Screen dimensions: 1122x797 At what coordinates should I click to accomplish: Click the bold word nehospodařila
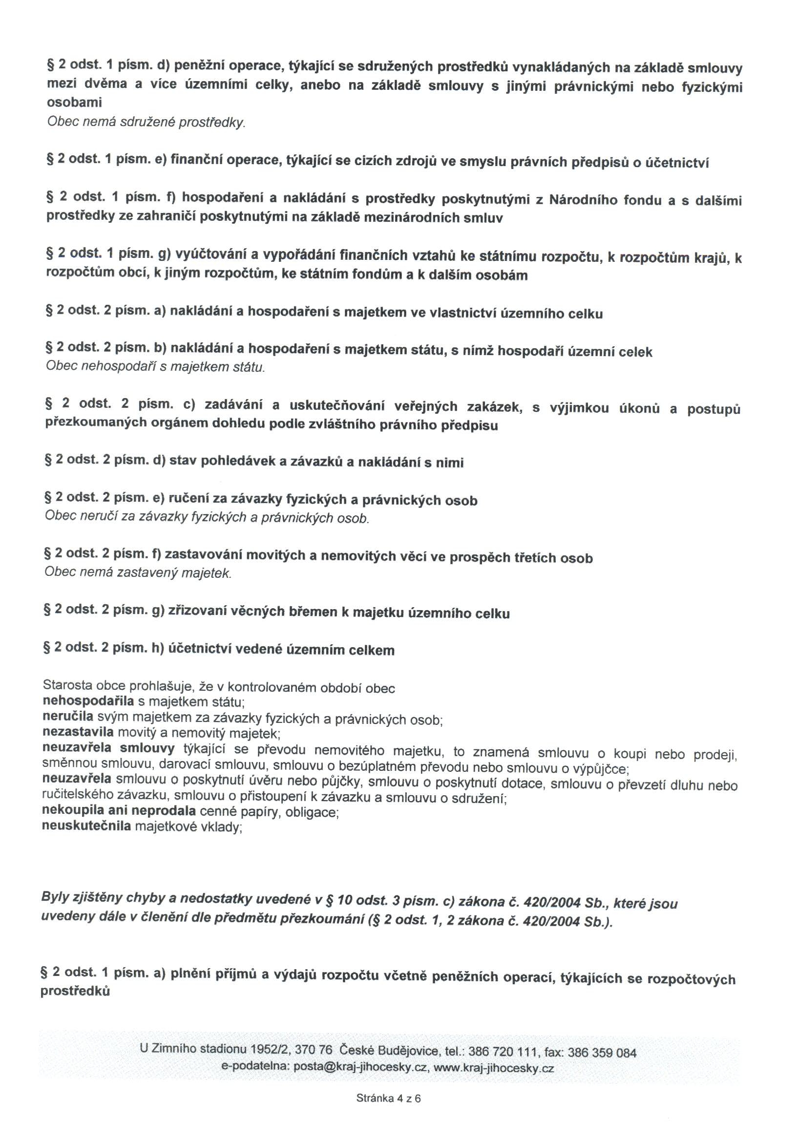(88, 701)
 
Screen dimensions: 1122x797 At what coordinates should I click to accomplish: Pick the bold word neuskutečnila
(86, 826)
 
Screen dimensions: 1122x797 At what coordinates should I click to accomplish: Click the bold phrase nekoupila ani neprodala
(119, 810)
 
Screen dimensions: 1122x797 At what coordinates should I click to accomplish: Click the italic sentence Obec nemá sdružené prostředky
(146, 122)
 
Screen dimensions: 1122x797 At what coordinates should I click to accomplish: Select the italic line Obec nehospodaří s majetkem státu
(155, 366)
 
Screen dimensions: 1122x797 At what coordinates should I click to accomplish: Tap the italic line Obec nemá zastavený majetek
(137, 572)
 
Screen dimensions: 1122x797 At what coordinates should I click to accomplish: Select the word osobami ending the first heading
(74, 103)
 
